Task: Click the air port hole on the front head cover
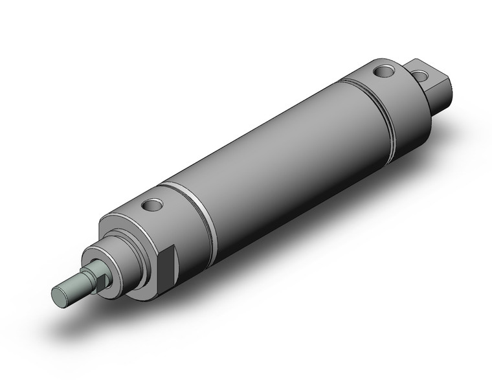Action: pos(153,206)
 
